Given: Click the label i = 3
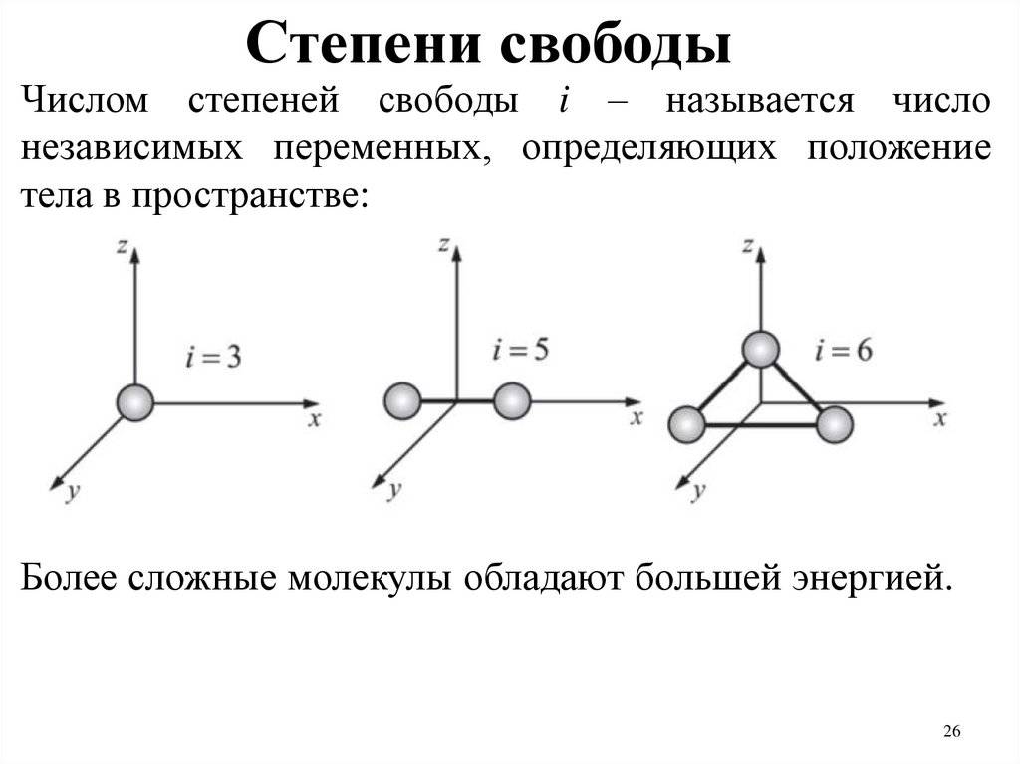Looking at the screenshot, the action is click(213, 356).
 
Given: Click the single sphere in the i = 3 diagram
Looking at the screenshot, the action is click(134, 403).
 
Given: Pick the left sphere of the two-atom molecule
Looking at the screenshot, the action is click(401, 401).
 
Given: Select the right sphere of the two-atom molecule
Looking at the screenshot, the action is click(511, 401).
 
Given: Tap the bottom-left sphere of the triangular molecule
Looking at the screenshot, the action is click(687, 424).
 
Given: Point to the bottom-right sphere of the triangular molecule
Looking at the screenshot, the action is click(835, 424).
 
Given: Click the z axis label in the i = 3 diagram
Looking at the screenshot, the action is click(121, 246).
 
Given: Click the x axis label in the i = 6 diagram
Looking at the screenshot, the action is click(938, 418).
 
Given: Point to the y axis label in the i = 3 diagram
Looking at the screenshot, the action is click(72, 491).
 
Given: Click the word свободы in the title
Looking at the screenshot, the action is click(618, 44).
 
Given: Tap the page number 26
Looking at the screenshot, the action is click(951, 733).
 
